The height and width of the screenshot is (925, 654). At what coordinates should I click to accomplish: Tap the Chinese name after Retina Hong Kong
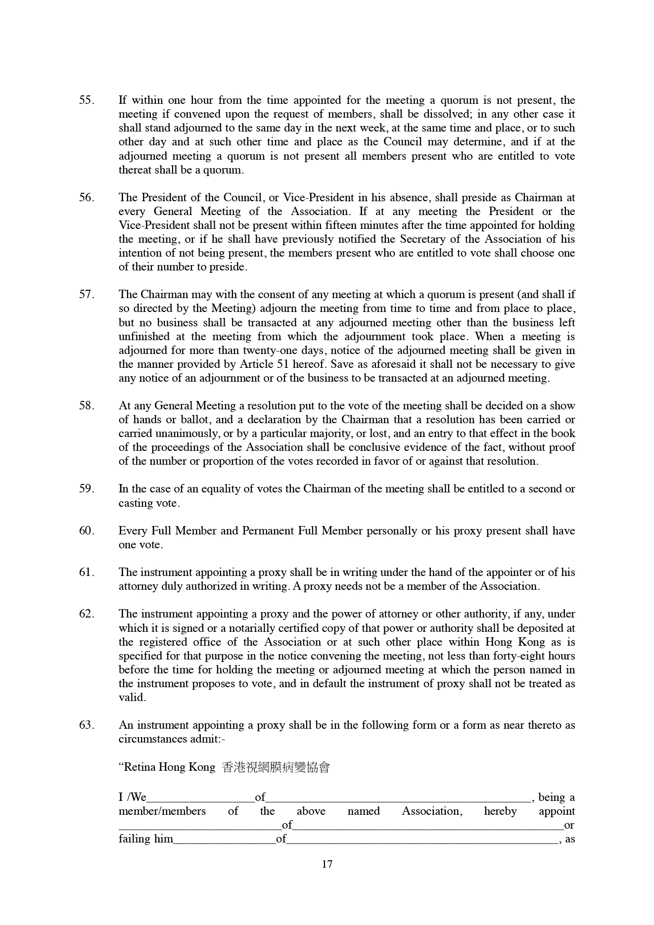click(x=276, y=767)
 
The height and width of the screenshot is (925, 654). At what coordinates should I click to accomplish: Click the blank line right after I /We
click(x=200, y=798)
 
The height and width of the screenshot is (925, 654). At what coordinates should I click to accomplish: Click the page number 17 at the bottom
click(x=327, y=864)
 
